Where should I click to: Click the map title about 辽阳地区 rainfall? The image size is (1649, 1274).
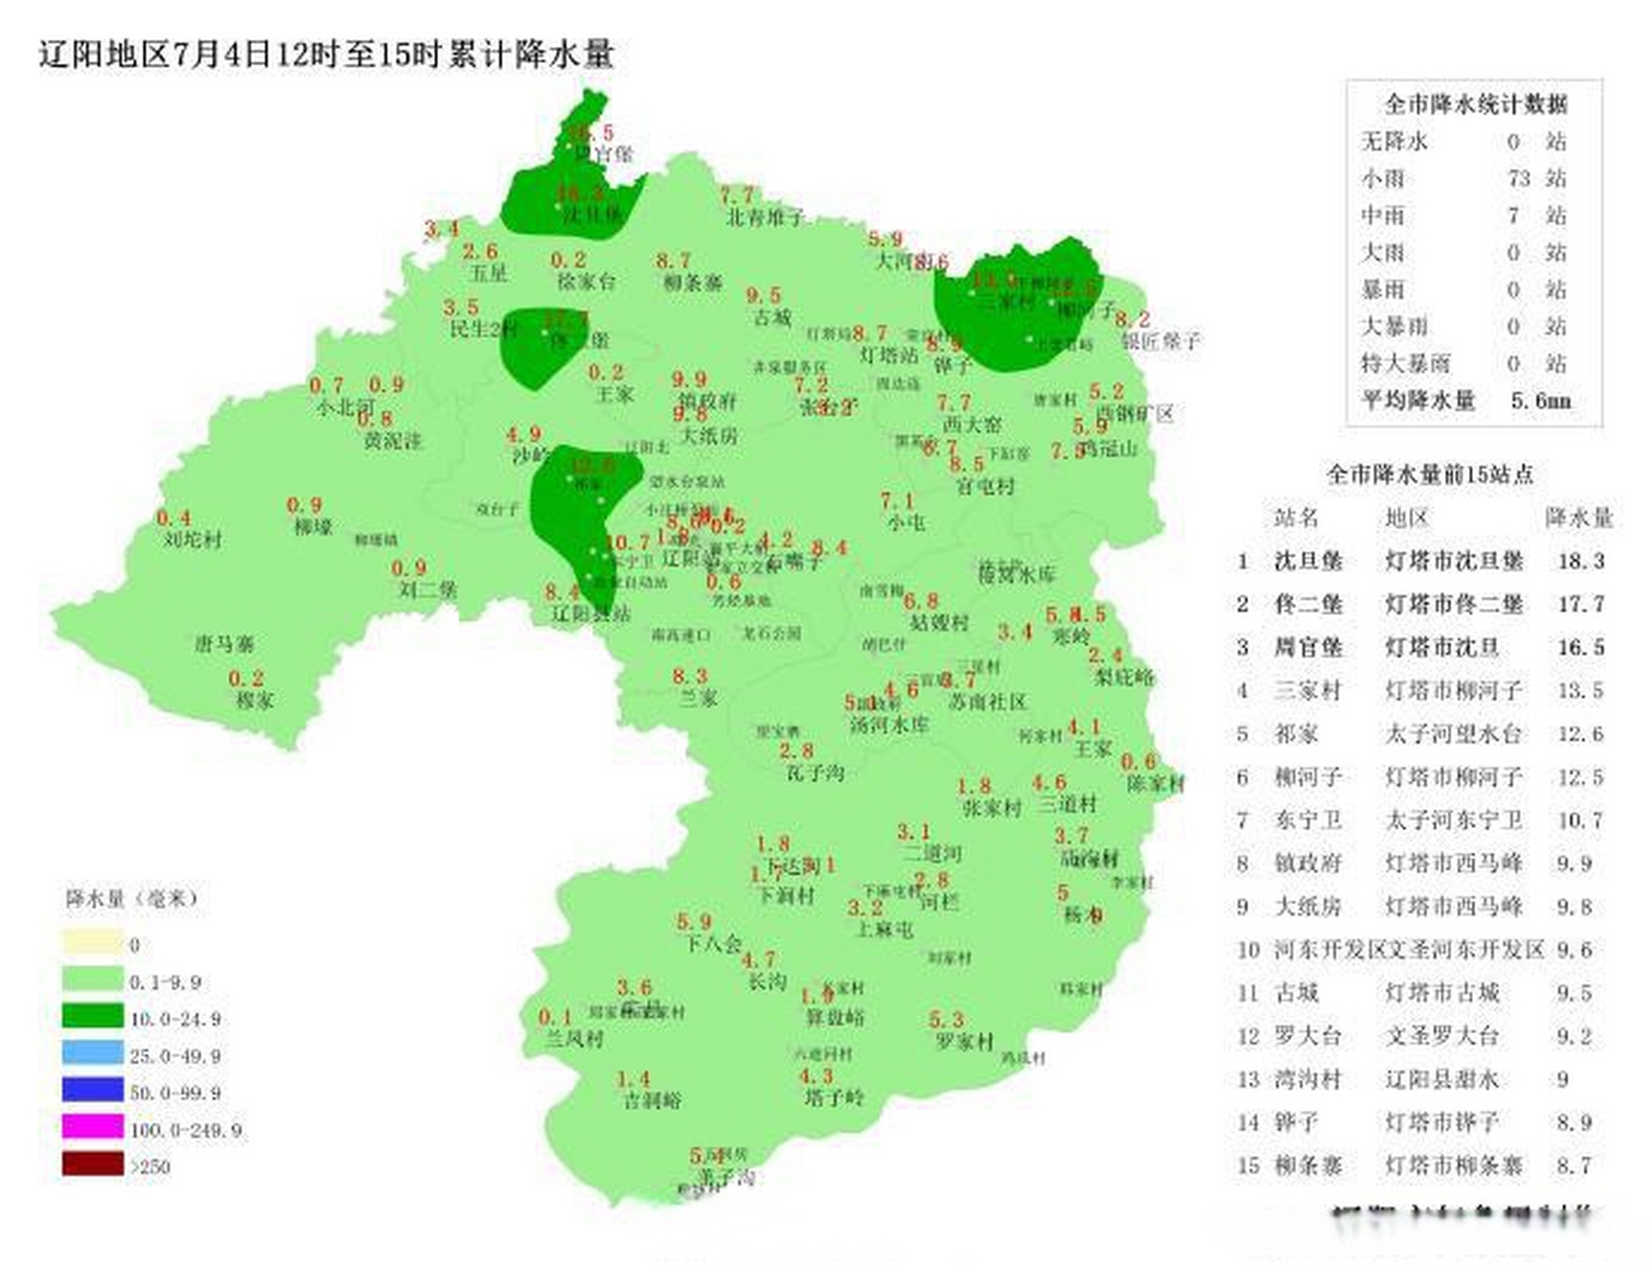coord(326,54)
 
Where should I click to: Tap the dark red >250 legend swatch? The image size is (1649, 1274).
coord(93,1164)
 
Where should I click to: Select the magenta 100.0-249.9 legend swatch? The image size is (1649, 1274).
coord(93,1128)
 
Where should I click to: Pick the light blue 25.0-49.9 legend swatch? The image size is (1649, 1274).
coord(93,1053)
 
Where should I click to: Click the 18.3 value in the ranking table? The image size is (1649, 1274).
coord(1580,561)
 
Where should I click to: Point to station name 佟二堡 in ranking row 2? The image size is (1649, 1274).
coord(1308,604)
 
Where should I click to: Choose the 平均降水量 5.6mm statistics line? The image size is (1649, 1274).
coord(1465,401)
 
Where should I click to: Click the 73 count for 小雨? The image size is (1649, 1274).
coord(1518,179)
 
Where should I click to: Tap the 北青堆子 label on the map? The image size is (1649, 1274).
coord(764,217)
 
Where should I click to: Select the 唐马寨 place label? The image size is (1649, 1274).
coord(224,644)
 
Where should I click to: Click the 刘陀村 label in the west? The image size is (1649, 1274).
coord(193,539)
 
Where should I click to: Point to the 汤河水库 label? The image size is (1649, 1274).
coord(889,725)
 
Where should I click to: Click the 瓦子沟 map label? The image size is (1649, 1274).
coord(814,772)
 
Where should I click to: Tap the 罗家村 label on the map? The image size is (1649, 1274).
coord(964,1042)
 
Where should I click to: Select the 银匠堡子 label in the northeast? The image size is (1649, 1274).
coord(1160,341)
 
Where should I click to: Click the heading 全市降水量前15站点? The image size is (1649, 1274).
coord(1429,475)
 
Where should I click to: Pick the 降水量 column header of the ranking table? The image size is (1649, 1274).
coord(1578,518)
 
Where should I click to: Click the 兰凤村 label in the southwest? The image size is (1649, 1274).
coord(574,1039)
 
